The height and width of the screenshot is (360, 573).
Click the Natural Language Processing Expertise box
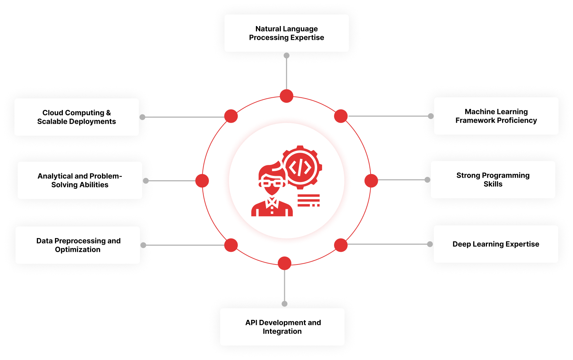tap(286, 33)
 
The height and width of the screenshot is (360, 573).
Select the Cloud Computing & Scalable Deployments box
tap(77, 117)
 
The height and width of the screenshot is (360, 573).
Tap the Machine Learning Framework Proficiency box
tap(496, 116)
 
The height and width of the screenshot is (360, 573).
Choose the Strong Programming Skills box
tap(493, 180)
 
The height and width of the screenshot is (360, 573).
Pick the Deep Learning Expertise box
tap(496, 244)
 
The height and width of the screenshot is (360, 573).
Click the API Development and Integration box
tap(282, 327)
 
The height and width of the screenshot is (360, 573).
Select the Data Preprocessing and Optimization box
tap(78, 245)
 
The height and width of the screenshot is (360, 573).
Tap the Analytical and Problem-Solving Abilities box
tap(80, 181)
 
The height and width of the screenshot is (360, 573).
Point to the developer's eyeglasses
tap(271, 183)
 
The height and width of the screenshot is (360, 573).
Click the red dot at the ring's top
tap(286, 96)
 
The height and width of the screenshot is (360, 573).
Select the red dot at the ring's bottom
tap(285, 263)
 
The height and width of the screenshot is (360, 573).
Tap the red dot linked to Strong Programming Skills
tap(371, 181)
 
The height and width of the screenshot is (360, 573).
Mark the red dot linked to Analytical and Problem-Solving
tap(202, 181)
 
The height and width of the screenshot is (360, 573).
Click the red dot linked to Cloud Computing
tap(231, 116)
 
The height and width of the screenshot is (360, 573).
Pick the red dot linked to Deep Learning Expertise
tap(341, 245)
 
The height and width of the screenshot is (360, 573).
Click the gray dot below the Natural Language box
tap(286, 56)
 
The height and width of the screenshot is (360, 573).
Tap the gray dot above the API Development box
tap(285, 304)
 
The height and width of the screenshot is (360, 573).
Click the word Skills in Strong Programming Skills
tap(493, 184)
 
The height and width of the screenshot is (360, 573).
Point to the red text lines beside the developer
tap(308, 200)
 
